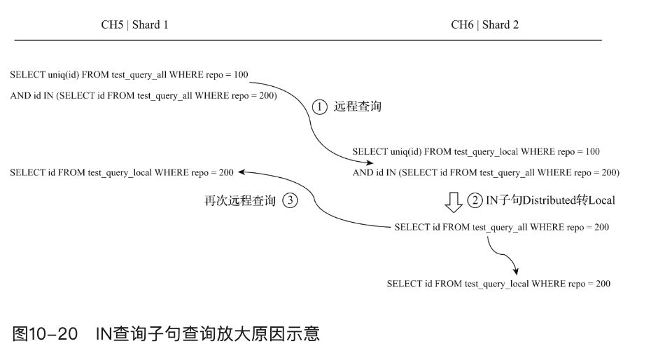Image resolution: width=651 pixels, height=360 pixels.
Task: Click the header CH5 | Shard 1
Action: tap(135, 25)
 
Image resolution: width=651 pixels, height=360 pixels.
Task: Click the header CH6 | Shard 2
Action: tap(484, 25)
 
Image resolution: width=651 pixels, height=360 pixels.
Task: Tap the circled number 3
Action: tap(289, 201)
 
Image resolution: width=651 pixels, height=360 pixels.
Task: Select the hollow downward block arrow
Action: tap(454, 202)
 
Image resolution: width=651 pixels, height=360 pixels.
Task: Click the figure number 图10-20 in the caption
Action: tap(44, 334)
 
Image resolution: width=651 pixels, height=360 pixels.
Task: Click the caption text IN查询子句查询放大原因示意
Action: tap(208, 334)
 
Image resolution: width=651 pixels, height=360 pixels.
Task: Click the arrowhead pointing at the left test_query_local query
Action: tap(243, 172)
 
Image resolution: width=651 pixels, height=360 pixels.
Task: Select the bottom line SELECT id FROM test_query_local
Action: tap(498, 284)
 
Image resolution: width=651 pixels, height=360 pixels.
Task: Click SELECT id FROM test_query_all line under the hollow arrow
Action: tap(501, 228)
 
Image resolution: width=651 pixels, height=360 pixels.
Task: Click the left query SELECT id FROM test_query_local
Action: tap(122, 172)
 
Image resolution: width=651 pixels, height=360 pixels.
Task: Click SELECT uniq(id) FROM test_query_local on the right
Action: tap(476, 151)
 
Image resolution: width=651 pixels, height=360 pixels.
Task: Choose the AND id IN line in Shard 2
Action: tap(486, 172)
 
